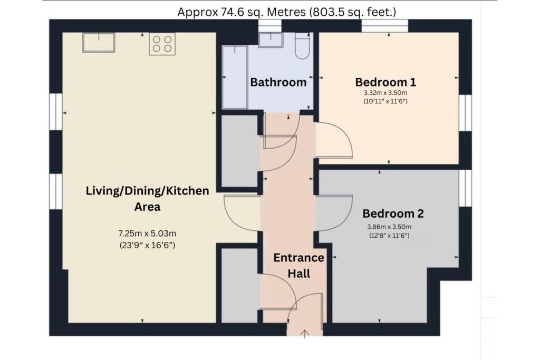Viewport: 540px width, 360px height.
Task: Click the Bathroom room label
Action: coord(278,82)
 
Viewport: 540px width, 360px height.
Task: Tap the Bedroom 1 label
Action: coord(385,82)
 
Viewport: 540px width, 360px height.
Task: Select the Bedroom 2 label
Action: coord(393,213)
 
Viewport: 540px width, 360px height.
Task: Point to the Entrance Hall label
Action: coord(298,265)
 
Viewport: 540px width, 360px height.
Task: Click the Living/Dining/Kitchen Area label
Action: coord(148,199)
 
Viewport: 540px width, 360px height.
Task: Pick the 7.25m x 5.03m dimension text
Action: coord(148,233)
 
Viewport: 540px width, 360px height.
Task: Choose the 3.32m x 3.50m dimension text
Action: coord(385,93)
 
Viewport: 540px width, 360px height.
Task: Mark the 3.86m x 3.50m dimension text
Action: coord(389,227)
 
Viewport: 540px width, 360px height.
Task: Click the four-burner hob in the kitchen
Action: coord(162,44)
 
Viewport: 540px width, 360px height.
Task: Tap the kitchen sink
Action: coord(99,43)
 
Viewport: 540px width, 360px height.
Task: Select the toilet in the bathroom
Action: coord(302,46)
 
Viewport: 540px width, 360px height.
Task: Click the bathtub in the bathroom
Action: coord(235,77)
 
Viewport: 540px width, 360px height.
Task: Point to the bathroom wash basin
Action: coord(271,40)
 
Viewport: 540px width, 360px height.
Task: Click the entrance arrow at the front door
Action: coord(305,334)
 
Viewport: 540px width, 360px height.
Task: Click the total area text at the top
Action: coord(286,12)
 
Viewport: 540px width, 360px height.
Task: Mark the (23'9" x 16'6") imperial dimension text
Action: coord(148,246)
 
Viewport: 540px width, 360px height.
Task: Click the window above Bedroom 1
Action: coord(384,26)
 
